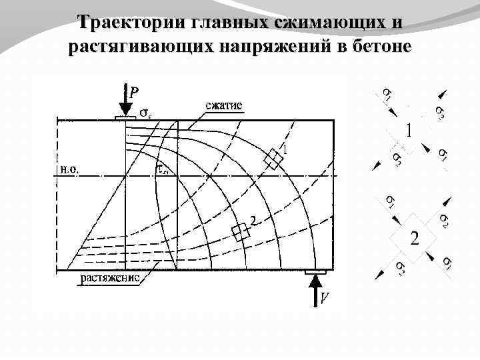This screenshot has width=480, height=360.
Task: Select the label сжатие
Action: tap(223, 105)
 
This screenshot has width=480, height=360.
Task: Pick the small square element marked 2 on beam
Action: tap(240, 231)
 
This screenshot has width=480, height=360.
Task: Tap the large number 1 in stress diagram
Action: tap(409, 130)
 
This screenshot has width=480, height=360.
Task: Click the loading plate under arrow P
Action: tap(125, 117)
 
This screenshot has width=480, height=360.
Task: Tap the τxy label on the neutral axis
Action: tap(162, 169)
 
